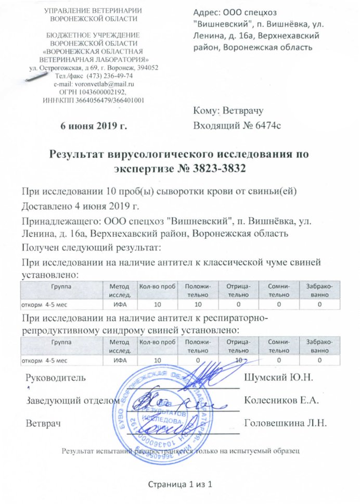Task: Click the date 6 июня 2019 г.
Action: tap(94, 125)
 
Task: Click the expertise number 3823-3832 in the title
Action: tap(211, 169)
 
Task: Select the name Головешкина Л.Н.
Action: tap(285, 423)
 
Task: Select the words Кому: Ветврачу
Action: tap(229, 110)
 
